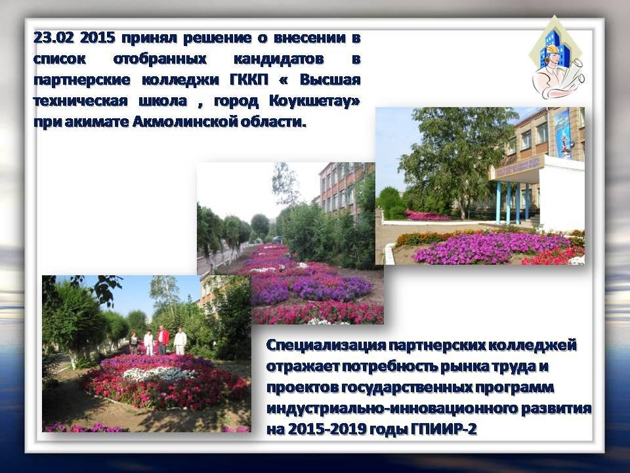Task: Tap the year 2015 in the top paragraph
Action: [x=98, y=38]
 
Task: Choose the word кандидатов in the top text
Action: [x=278, y=58]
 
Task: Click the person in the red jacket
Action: [x=163, y=340]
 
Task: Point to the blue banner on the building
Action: [x=563, y=133]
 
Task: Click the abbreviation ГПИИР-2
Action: [x=444, y=429]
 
